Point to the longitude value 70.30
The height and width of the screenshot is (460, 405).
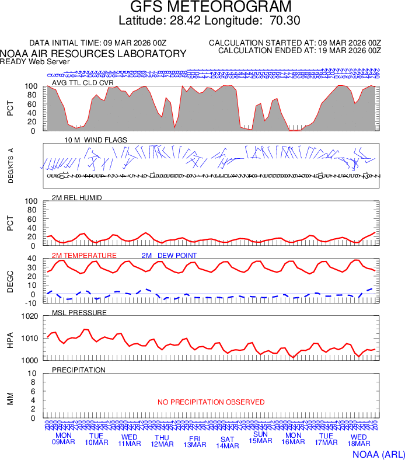(285, 21)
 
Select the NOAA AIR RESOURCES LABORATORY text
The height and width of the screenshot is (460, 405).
(93, 54)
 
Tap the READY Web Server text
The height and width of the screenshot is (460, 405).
(35, 61)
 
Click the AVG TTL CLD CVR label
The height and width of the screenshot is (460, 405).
(83, 83)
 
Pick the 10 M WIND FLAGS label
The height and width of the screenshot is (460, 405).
(96, 140)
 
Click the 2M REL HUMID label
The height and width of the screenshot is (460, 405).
(77, 198)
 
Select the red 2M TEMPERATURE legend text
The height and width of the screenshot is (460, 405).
(84, 256)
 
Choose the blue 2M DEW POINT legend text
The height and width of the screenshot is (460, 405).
(169, 256)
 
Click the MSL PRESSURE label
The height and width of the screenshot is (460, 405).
(79, 313)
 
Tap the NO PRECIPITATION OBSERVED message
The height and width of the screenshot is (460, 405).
(211, 402)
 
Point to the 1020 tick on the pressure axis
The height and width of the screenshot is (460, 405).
(29, 316)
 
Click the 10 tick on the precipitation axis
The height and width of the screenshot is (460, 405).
(33, 374)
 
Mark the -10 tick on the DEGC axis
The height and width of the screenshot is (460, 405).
(32, 303)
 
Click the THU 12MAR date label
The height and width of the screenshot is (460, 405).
(162, 441)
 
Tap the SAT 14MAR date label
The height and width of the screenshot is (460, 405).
(228, 442)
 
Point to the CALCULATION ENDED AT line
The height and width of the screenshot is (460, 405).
(299, 51)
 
